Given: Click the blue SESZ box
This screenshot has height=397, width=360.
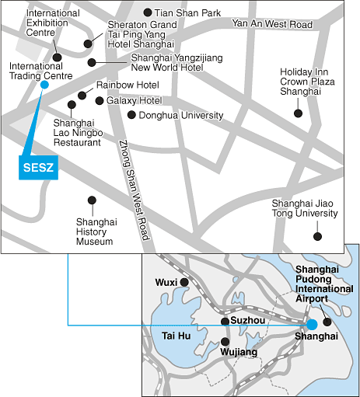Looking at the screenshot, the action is [38, 168].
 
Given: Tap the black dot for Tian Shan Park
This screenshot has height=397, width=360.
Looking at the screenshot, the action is [148, 12].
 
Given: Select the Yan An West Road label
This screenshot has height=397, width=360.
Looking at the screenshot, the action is [272, 24].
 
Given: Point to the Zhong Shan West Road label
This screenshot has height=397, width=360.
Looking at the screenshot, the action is [135, 190].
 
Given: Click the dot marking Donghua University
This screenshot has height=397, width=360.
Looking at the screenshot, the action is [131, 115].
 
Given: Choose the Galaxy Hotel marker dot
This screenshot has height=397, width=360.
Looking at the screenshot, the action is [100, 101].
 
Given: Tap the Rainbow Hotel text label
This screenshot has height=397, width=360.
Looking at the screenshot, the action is [128, 85].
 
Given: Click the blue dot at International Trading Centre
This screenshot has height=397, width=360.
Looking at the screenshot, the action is [44, 85].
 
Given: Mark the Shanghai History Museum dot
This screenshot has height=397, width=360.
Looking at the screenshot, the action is [92, 200].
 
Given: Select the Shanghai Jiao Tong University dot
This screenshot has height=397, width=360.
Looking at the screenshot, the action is [317, 236].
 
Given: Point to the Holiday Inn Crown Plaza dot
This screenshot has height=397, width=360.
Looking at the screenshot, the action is [298, 113].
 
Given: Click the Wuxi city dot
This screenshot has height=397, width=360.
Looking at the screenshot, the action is [184, 282].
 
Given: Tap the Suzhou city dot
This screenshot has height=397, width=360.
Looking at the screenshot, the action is [225, 322].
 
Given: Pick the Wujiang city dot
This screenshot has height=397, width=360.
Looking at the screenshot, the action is [225, 342].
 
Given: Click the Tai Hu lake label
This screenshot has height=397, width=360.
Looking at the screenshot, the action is [177, 336].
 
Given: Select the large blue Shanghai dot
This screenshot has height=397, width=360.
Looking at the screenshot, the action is [312, 325].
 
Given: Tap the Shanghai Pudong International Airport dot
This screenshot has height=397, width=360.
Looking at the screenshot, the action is [327, 322].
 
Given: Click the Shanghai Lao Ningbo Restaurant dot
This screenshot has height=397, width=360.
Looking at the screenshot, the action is [72, 105].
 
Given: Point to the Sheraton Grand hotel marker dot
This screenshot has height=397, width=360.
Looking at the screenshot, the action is [88, 44].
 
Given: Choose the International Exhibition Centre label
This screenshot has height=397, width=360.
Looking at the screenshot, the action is [53, 23].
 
